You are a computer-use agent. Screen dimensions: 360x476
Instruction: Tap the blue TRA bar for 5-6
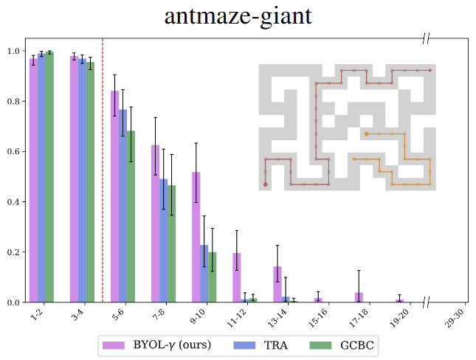[x=123, y=206]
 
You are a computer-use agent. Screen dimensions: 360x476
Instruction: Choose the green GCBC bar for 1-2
[x=49, y=177]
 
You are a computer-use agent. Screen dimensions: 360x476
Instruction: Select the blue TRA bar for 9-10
[x=204, y=273]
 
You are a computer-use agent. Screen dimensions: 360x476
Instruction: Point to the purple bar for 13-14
[x=277, y=284]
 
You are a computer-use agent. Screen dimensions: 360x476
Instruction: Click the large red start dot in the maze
[x=265, y=184]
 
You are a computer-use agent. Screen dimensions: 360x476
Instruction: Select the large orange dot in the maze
[x=367, y=134]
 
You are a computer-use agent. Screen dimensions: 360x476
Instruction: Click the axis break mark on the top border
[x=427, y=38]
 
